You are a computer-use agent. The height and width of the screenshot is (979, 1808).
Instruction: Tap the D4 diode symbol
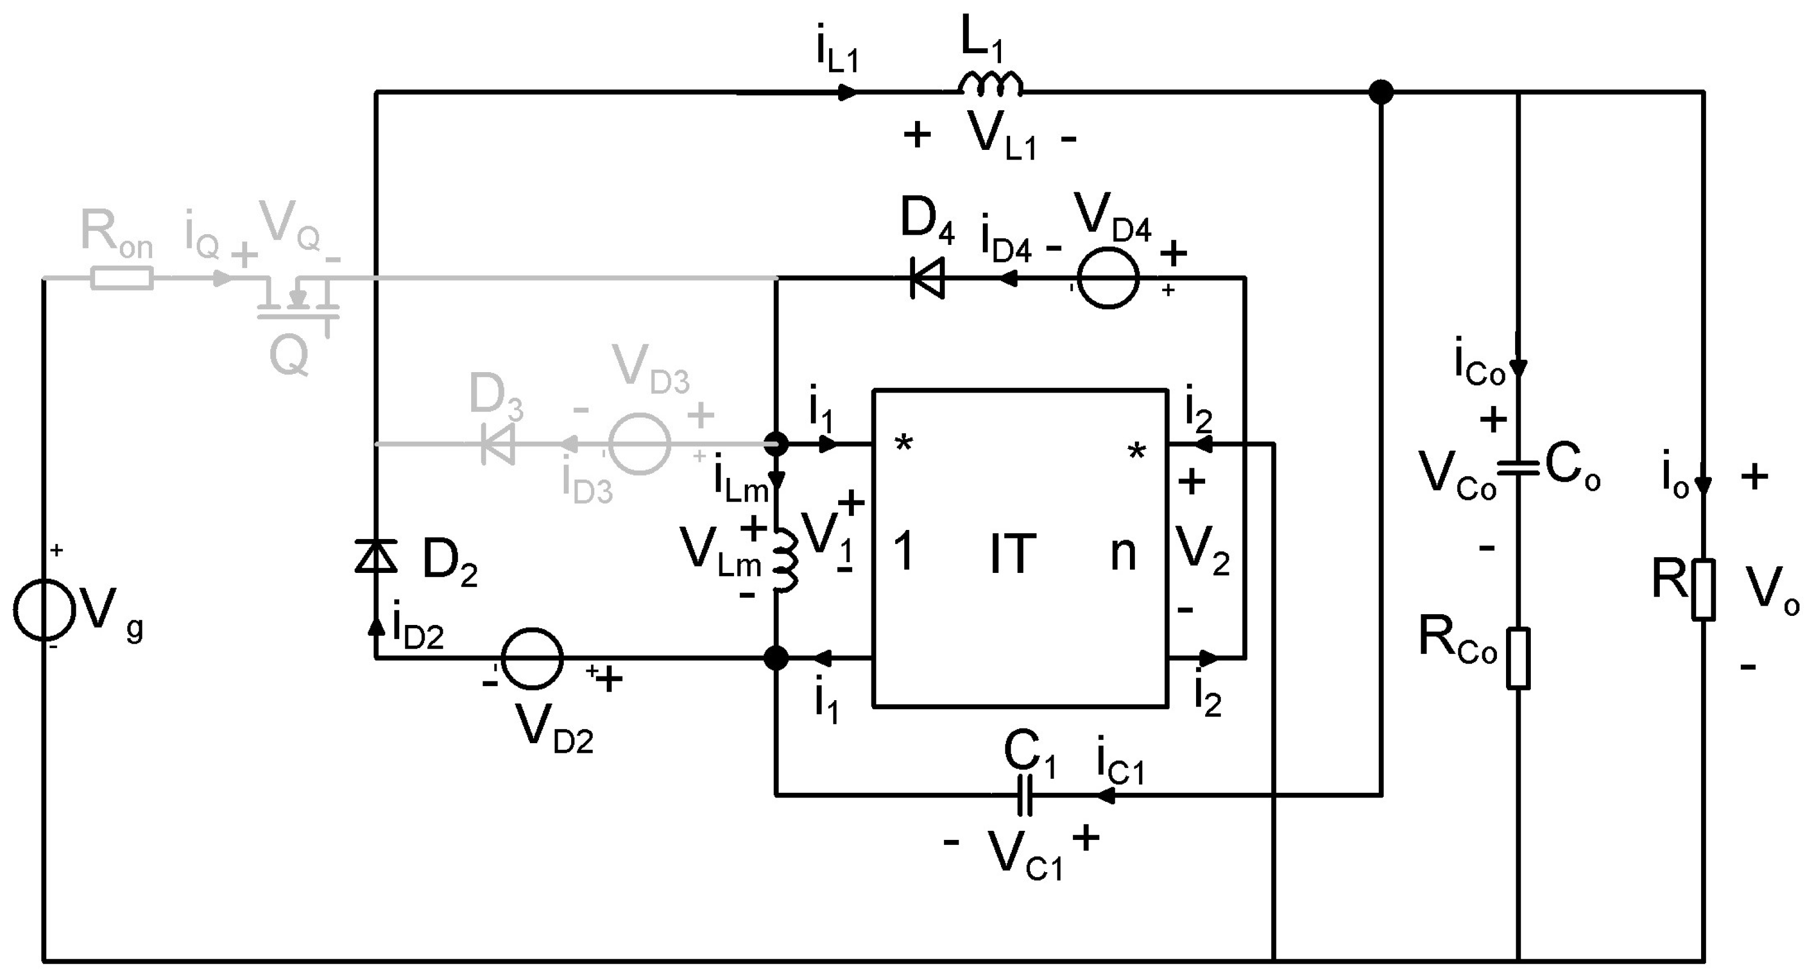coord(927,279)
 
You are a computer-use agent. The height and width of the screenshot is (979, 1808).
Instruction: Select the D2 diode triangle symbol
coord(376,556)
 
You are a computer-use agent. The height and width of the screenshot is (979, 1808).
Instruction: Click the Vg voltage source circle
coord(44,609)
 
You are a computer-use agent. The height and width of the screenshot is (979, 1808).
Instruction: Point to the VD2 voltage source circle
coord(532,658)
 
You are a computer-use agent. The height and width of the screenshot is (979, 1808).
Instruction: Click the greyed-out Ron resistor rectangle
coord(122,279)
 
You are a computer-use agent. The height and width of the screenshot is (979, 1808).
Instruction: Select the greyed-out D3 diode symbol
coord(498,444)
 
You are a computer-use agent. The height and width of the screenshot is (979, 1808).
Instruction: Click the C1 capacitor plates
coord(1025,795)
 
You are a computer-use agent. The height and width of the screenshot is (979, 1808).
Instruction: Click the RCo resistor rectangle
coord(1518,658)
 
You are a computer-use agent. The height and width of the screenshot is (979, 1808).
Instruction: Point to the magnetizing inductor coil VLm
coord(785,559)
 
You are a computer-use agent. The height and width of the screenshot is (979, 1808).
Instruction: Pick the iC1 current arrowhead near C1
coord(1106,795)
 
